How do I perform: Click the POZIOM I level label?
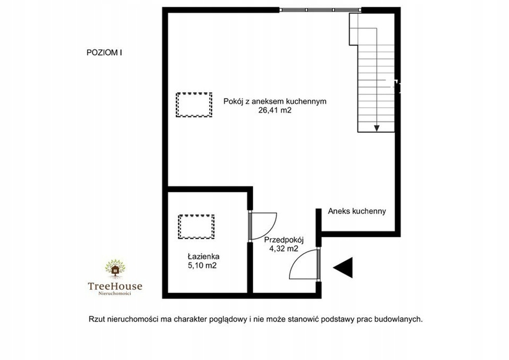(104, 53)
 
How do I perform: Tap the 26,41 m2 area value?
(274, 110)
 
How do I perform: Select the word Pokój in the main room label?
(233, 101)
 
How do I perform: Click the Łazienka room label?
(203, 257)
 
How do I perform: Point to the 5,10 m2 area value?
(202, 266)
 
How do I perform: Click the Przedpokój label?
(284, 240)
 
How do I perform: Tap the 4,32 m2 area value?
(284, 249)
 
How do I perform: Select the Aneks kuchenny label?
(357, 211)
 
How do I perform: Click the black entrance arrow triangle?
(343, 268)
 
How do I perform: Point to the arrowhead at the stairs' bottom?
(377, 128)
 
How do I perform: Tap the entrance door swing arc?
(294, 262)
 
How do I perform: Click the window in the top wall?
(321, 10)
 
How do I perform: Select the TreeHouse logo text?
(115, 286)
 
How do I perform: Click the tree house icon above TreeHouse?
(115, 269)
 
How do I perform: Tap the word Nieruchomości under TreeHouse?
(115, 293)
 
